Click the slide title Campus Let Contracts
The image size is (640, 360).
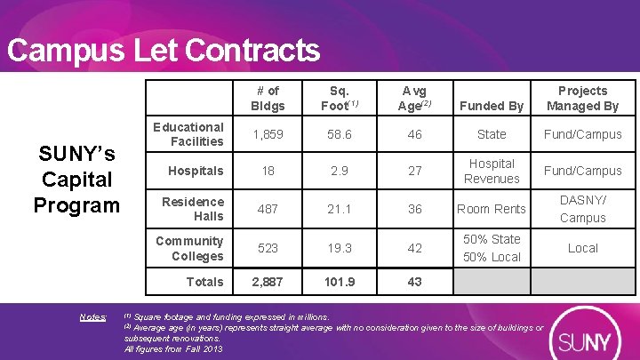163,50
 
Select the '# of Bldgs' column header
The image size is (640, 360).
267,99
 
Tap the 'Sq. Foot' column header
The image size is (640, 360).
339,99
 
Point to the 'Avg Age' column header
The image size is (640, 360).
414,99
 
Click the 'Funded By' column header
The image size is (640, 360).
492,107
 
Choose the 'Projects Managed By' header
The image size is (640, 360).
582,99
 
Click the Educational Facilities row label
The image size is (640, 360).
188,134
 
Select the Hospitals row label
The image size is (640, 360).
196,171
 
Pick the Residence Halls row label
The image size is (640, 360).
193,209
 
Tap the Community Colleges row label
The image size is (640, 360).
189,248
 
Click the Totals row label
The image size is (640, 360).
204,282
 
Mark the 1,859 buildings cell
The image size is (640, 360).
267,134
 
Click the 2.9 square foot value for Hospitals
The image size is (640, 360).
339,171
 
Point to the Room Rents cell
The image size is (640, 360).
492,209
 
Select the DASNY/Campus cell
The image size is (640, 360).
582,209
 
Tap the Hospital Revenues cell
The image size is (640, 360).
492,171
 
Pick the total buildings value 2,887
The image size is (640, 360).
267,282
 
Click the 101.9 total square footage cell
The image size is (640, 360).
339,282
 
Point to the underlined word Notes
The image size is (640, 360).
92,317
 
